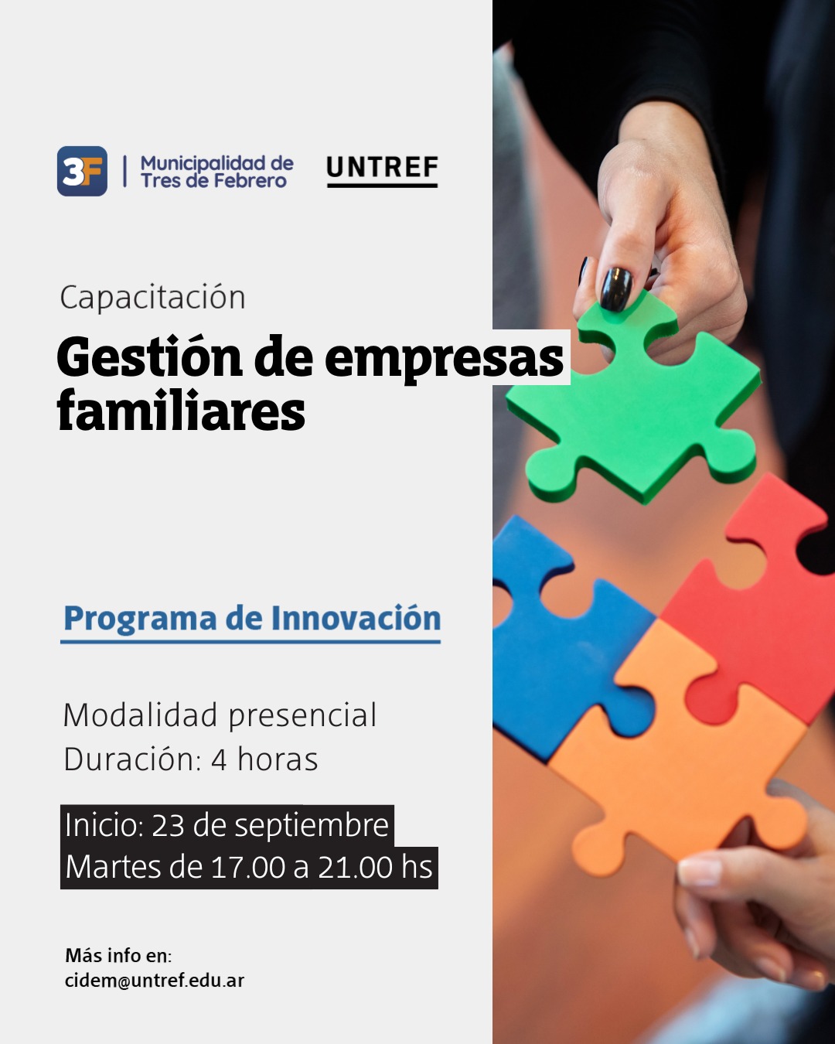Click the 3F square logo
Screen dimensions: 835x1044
pyautogui.click(x=82, y=171)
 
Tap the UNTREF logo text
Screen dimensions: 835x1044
pyautogui.click(x=383, y=168)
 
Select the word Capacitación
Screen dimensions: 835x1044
pyautogui.click(x=152, y=297)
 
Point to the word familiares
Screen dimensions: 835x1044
pyautogui.click(x=181, y=411)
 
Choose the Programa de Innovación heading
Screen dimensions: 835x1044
pyautogui.click(x=252, y=618)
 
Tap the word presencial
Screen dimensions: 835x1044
pyautogui.click(x=302, y=716)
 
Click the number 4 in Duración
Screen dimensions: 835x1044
pyautogui.click(x=219, y=760)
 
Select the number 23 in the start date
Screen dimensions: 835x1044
pyautogui.click(x=168, y=825)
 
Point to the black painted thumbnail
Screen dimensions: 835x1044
pyautogui.click(x=616, y=288)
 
